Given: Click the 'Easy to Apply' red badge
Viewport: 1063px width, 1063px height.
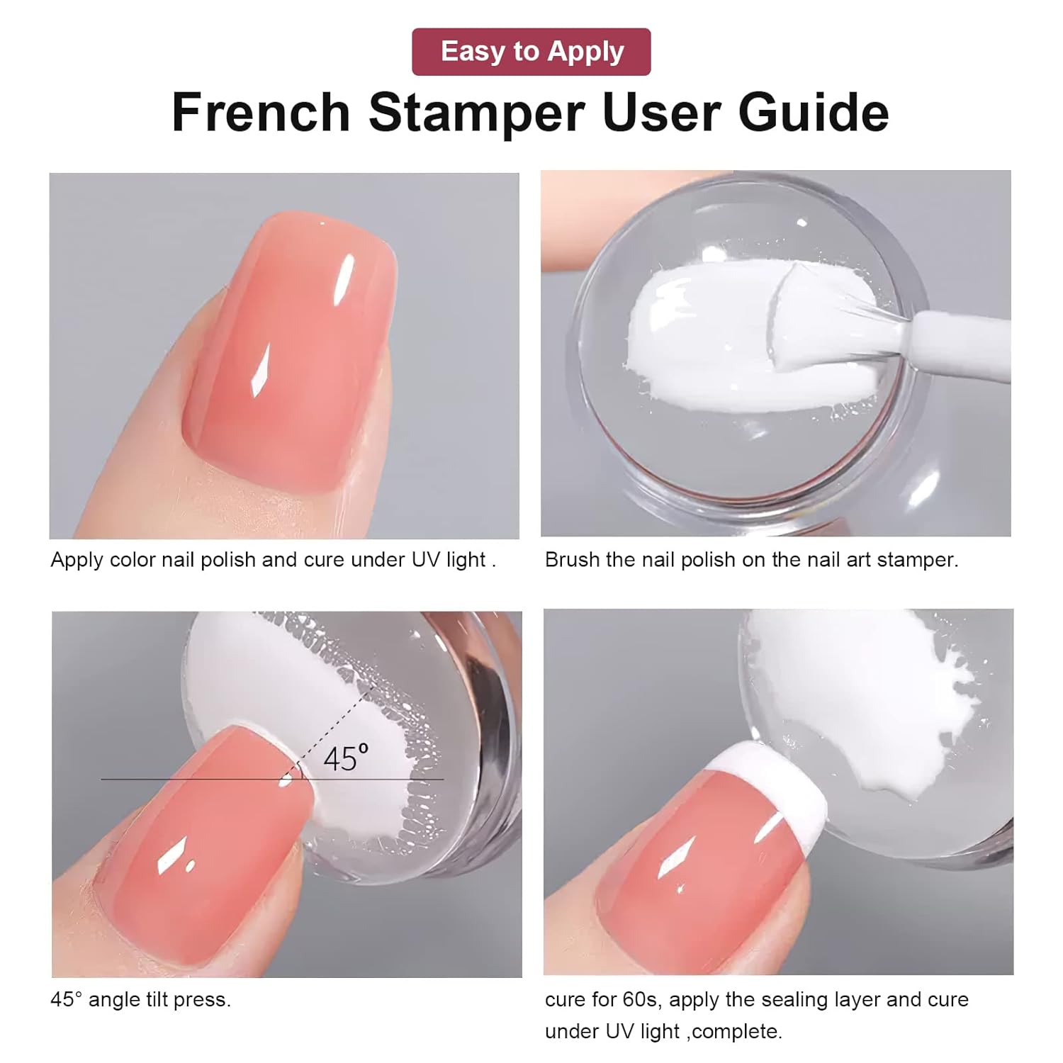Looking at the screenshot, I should [531, 52].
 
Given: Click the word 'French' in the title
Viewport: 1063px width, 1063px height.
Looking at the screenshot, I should [261, 113].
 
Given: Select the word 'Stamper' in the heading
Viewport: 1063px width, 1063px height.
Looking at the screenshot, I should [476, 113].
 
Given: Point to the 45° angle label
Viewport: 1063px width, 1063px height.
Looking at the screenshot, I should [346, 758].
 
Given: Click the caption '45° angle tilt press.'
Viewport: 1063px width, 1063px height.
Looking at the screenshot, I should [140, 999].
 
